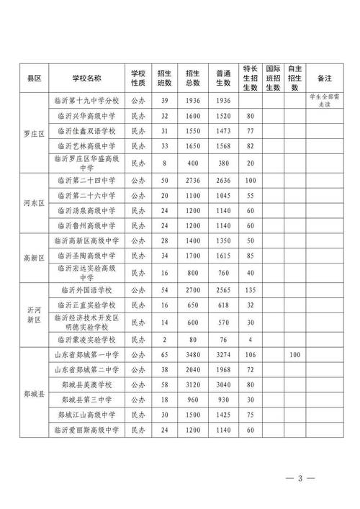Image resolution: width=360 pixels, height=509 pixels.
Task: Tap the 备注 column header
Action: pyautogui.click(x=323, y=78)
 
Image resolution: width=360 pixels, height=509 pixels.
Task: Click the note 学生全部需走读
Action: pyautogui.click(x=323, y=99)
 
